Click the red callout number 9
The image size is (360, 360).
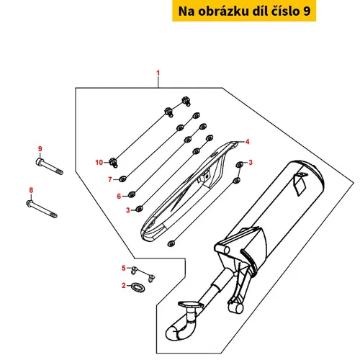40,149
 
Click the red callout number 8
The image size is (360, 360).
31,190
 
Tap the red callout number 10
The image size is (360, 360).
99,163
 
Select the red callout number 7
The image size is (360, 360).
110,179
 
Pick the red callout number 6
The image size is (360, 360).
119,197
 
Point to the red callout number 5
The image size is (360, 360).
124,268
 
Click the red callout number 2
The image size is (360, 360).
124,285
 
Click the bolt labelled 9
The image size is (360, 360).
50,166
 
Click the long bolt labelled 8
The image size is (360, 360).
42,209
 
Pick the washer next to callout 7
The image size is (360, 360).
123,179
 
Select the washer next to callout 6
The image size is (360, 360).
132,194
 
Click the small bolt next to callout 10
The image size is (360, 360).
114,163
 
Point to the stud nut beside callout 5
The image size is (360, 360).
135,270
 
